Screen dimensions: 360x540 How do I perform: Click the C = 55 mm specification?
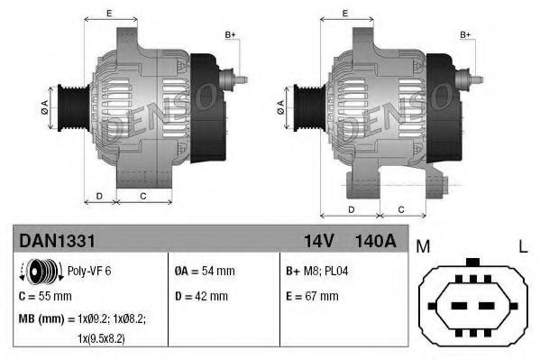(45, 295)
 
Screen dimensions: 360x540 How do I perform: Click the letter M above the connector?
(422, 245)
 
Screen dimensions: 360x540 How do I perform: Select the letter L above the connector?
(522, 245)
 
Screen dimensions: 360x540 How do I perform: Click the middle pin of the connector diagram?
(471, 302)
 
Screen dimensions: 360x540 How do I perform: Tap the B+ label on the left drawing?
(230, 35)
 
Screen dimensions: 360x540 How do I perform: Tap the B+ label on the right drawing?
(466, 35)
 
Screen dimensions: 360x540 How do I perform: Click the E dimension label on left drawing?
(109, 14)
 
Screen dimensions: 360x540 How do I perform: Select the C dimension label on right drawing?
(400, 209)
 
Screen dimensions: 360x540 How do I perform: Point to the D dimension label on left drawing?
(99, 195)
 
